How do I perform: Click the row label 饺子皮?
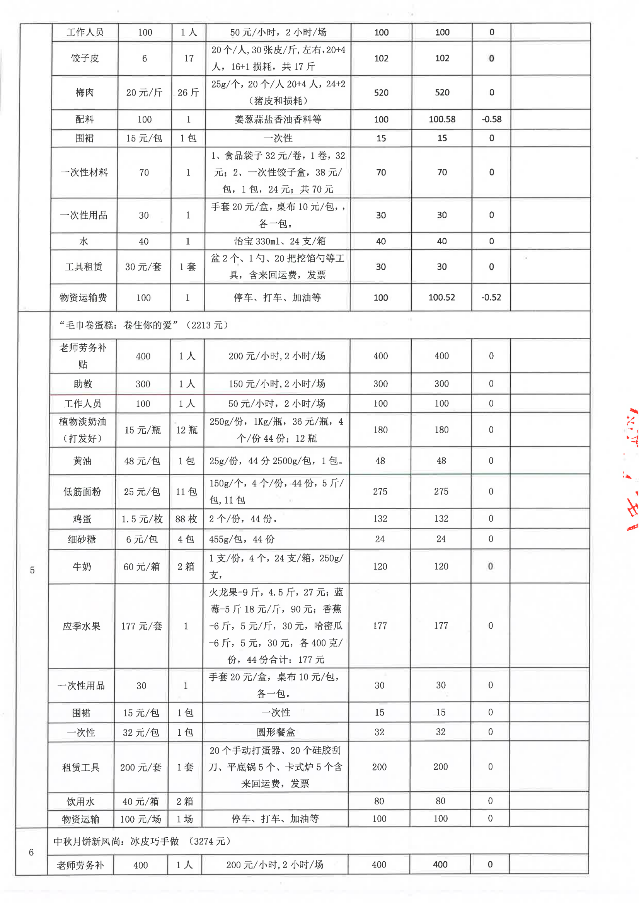tap(85, 58)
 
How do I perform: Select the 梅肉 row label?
tap(85, 92)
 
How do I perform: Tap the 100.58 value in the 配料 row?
tap(442, 119)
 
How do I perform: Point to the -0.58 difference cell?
tap(491, 119)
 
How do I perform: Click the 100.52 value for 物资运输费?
tap(441, 298)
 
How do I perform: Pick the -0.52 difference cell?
tap(491, 298)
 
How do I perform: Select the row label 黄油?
tap(82, 461)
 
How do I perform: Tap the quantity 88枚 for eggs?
tap(186, 519)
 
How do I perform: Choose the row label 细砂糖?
tap(82, 539)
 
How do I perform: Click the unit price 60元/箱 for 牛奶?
tap(141, 567)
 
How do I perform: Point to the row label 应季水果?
tap(82, 626)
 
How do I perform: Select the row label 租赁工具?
tap(81, 767)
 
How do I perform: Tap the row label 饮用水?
tap(80, 801)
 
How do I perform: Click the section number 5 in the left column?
tap(32, 570)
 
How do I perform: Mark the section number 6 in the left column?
tap(31, 852)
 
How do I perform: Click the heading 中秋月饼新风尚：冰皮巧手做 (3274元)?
tap(141, 841)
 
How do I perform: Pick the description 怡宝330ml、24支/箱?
tap(278, 241)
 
